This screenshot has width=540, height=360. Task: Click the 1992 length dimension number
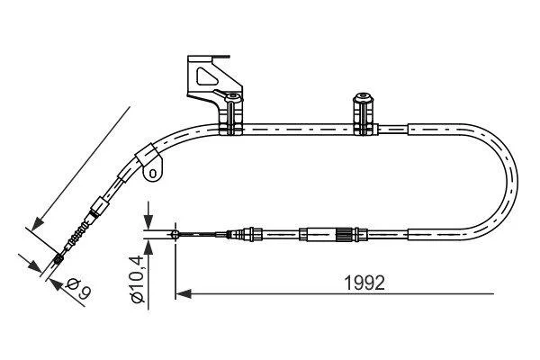(364, 283)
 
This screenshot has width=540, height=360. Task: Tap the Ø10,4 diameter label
(138, 278)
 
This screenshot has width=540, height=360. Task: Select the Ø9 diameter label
(78, 289)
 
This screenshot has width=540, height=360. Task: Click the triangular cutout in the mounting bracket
(207, 76)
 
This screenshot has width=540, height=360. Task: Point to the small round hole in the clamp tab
(154, 172)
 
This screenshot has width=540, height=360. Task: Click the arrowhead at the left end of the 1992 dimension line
(184, 294)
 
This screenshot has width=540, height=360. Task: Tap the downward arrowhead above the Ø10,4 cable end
(148, 220)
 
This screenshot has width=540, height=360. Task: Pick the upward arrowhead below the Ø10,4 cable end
(148, 247)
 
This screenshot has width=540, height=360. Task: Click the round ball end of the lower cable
(175, 235)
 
